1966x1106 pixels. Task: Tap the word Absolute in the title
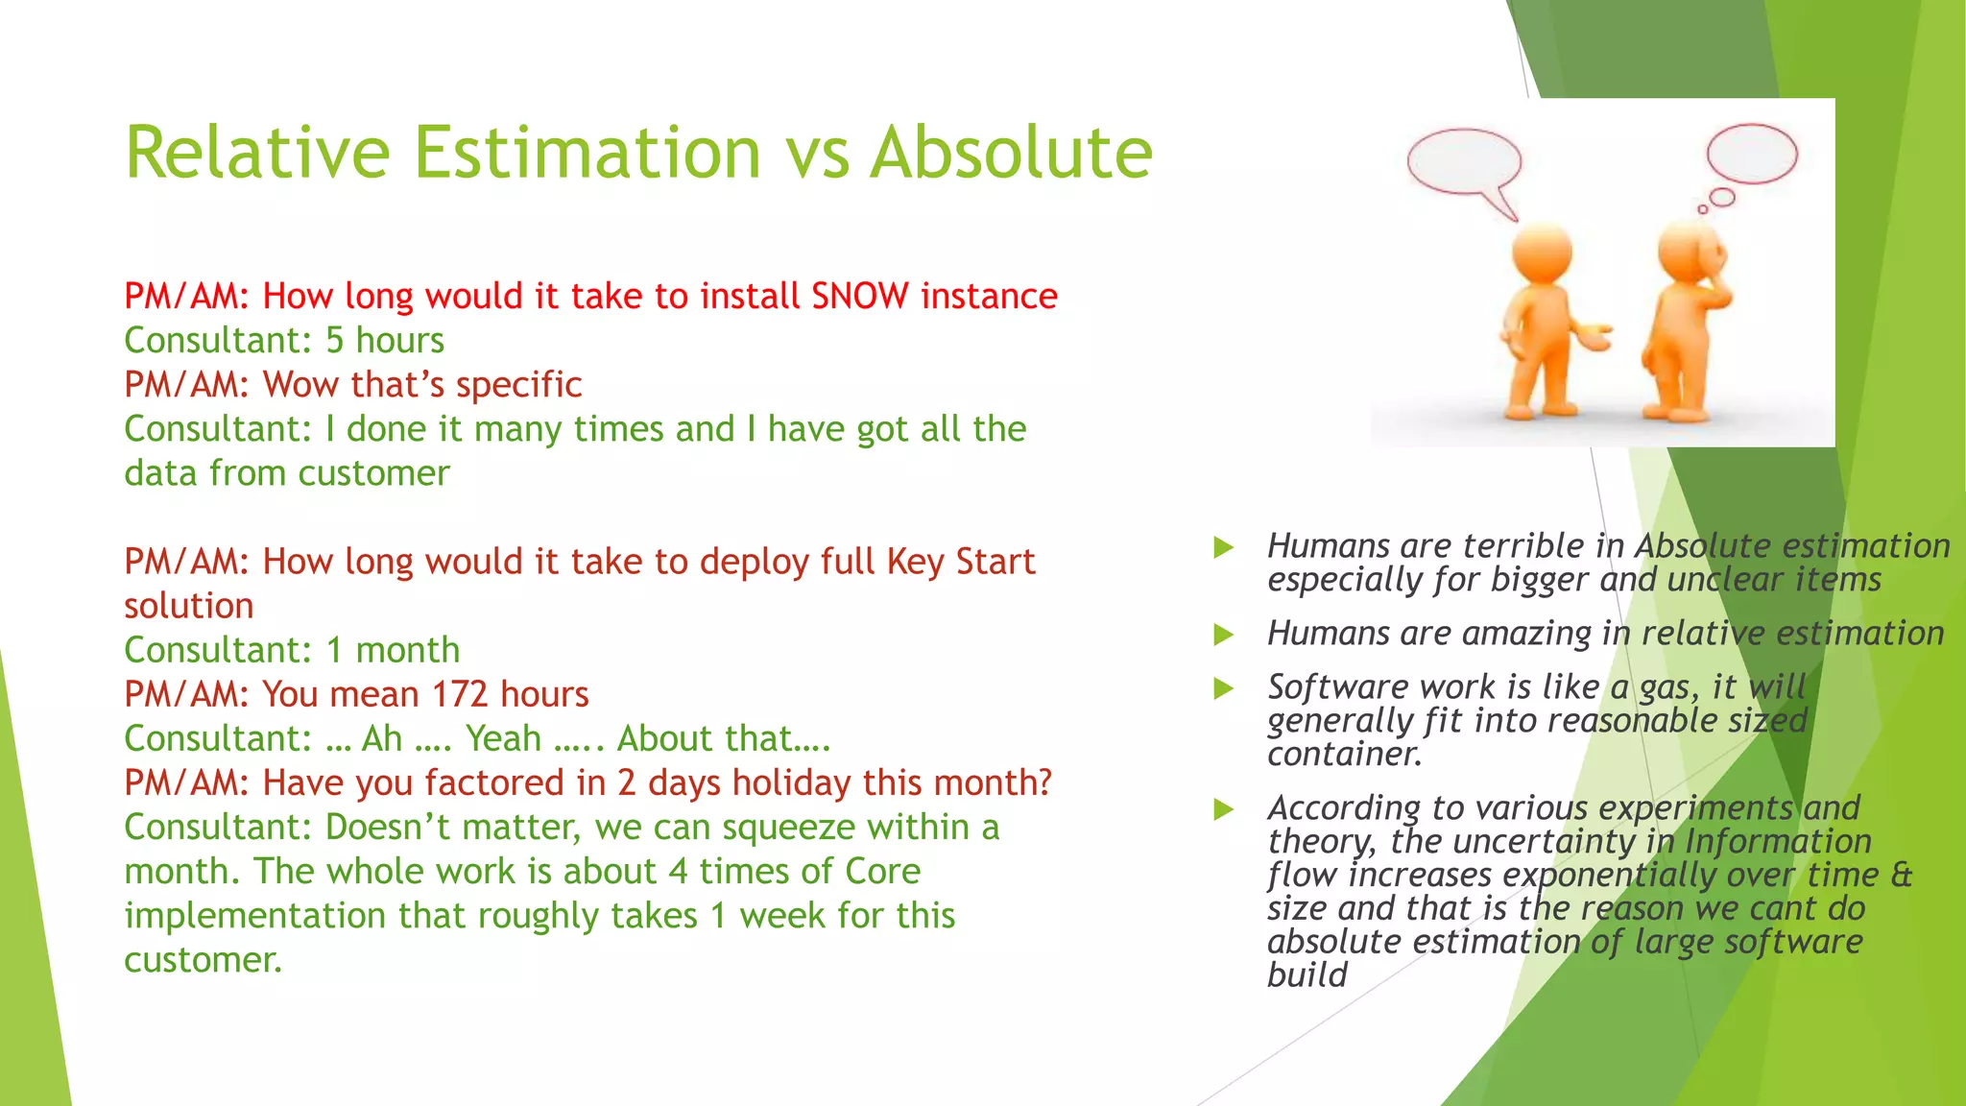[1010, 153]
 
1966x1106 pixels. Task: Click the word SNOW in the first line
[859, 296]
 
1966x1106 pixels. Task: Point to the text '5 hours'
[385, 341]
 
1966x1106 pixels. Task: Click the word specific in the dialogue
[518, 385]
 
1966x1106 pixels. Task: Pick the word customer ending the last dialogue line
[203, 960]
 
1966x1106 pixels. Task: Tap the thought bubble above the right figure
[1752, 154]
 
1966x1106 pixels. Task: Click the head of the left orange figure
[1542, 252]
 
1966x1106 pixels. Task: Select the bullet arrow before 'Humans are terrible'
[1223, 548]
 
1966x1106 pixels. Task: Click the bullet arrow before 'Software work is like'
[1223, 688]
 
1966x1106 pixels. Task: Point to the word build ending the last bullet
[1307, 975]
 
